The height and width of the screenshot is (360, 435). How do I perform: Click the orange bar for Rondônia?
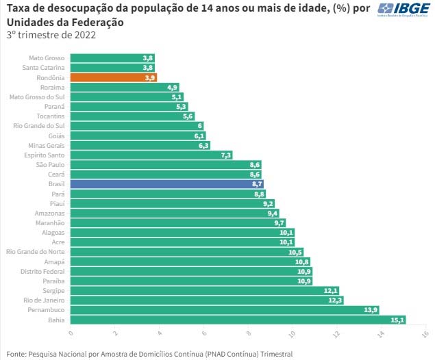pyautogui.click(x=114, y=78)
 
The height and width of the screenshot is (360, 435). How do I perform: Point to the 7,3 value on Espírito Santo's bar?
pyautogui.click(x=226, y=155)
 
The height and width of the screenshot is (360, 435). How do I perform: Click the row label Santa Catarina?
pyautogui.click(x=44, y=68)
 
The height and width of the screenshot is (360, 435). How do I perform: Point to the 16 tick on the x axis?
pyautogui.click(x=425, y=333)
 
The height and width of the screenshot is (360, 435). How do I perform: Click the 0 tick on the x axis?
pyautogui.click(x=71, y=333)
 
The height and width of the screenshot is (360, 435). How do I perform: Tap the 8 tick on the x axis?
pyautogui.click(x=249, y=333)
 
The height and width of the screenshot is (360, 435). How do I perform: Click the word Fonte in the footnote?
pyautogui.click(x=17, y=354)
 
